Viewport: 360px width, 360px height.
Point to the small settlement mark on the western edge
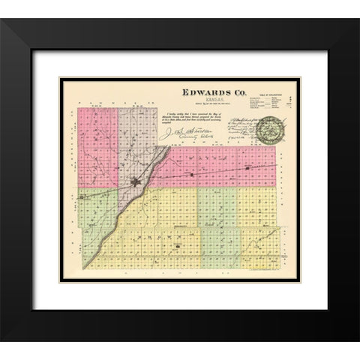tap(81, 199)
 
